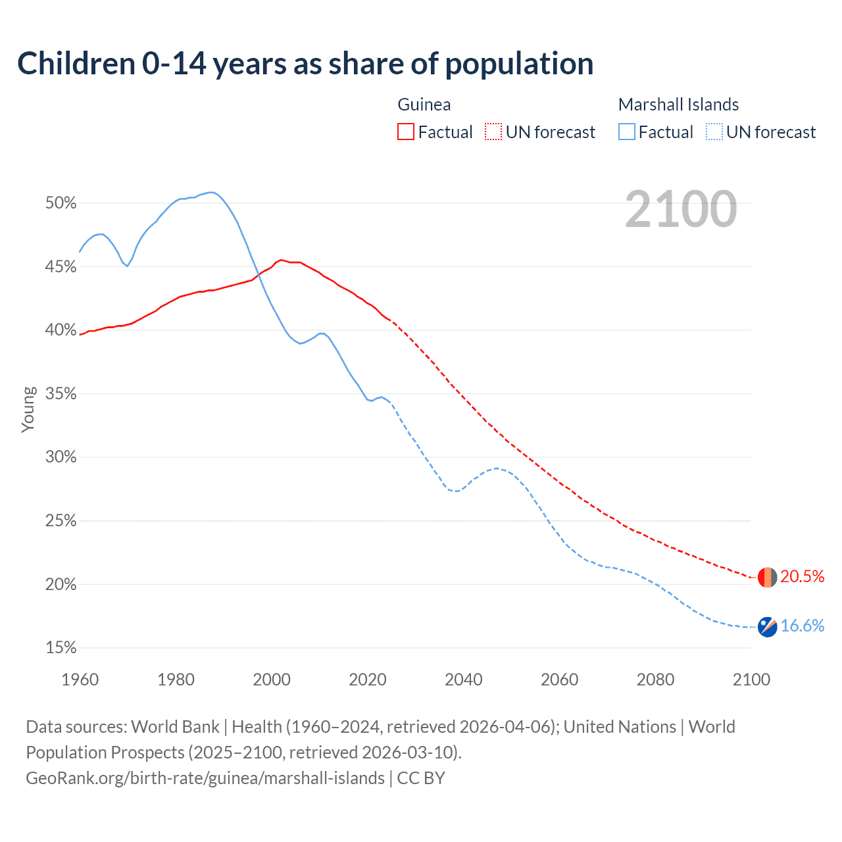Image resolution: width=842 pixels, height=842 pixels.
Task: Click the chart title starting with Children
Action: click(305, 64)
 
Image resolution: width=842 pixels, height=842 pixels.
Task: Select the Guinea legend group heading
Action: click(424, 105)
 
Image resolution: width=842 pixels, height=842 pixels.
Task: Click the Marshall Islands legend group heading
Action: click(678, 105)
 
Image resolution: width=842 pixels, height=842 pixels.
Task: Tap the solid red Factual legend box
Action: click(406, 132)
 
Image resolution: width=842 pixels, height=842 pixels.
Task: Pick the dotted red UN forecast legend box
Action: click(493, 132)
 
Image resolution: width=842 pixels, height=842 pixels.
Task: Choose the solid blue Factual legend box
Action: click(627, 132)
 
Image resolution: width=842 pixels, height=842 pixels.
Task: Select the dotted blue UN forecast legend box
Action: click(714, 132)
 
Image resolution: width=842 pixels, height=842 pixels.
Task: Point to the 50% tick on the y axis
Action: click(61, 203)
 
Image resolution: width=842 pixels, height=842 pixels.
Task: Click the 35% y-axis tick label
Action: click(61, 394)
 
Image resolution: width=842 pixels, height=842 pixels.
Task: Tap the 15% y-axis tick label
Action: click(61, 648)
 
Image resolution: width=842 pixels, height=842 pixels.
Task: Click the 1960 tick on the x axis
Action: click(80, 680)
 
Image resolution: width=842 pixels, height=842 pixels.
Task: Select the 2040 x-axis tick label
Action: click(464, 680)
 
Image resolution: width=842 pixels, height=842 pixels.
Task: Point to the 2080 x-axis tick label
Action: click(655, 680)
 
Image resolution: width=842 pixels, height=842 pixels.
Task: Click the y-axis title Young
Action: click(28, 409)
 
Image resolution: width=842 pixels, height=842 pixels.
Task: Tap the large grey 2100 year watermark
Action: click(681, 209)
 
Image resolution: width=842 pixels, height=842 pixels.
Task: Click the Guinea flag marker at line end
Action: click(767, 577)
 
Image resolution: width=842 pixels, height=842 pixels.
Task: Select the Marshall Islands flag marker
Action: click(767, 627)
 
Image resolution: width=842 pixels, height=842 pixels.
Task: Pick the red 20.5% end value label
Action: click(802, 577)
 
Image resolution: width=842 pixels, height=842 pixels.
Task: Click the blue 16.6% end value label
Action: click(802, 626)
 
